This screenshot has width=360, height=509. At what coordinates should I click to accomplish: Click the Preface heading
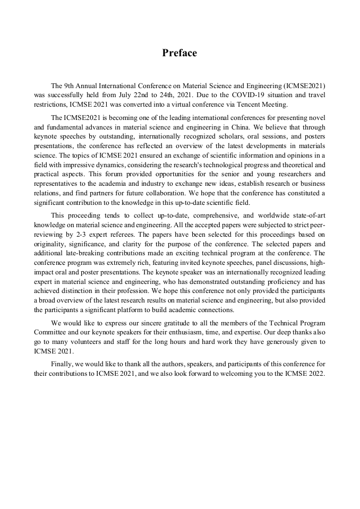(x=179, y=53)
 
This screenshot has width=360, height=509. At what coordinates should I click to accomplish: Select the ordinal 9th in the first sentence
(x=71, y=85)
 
